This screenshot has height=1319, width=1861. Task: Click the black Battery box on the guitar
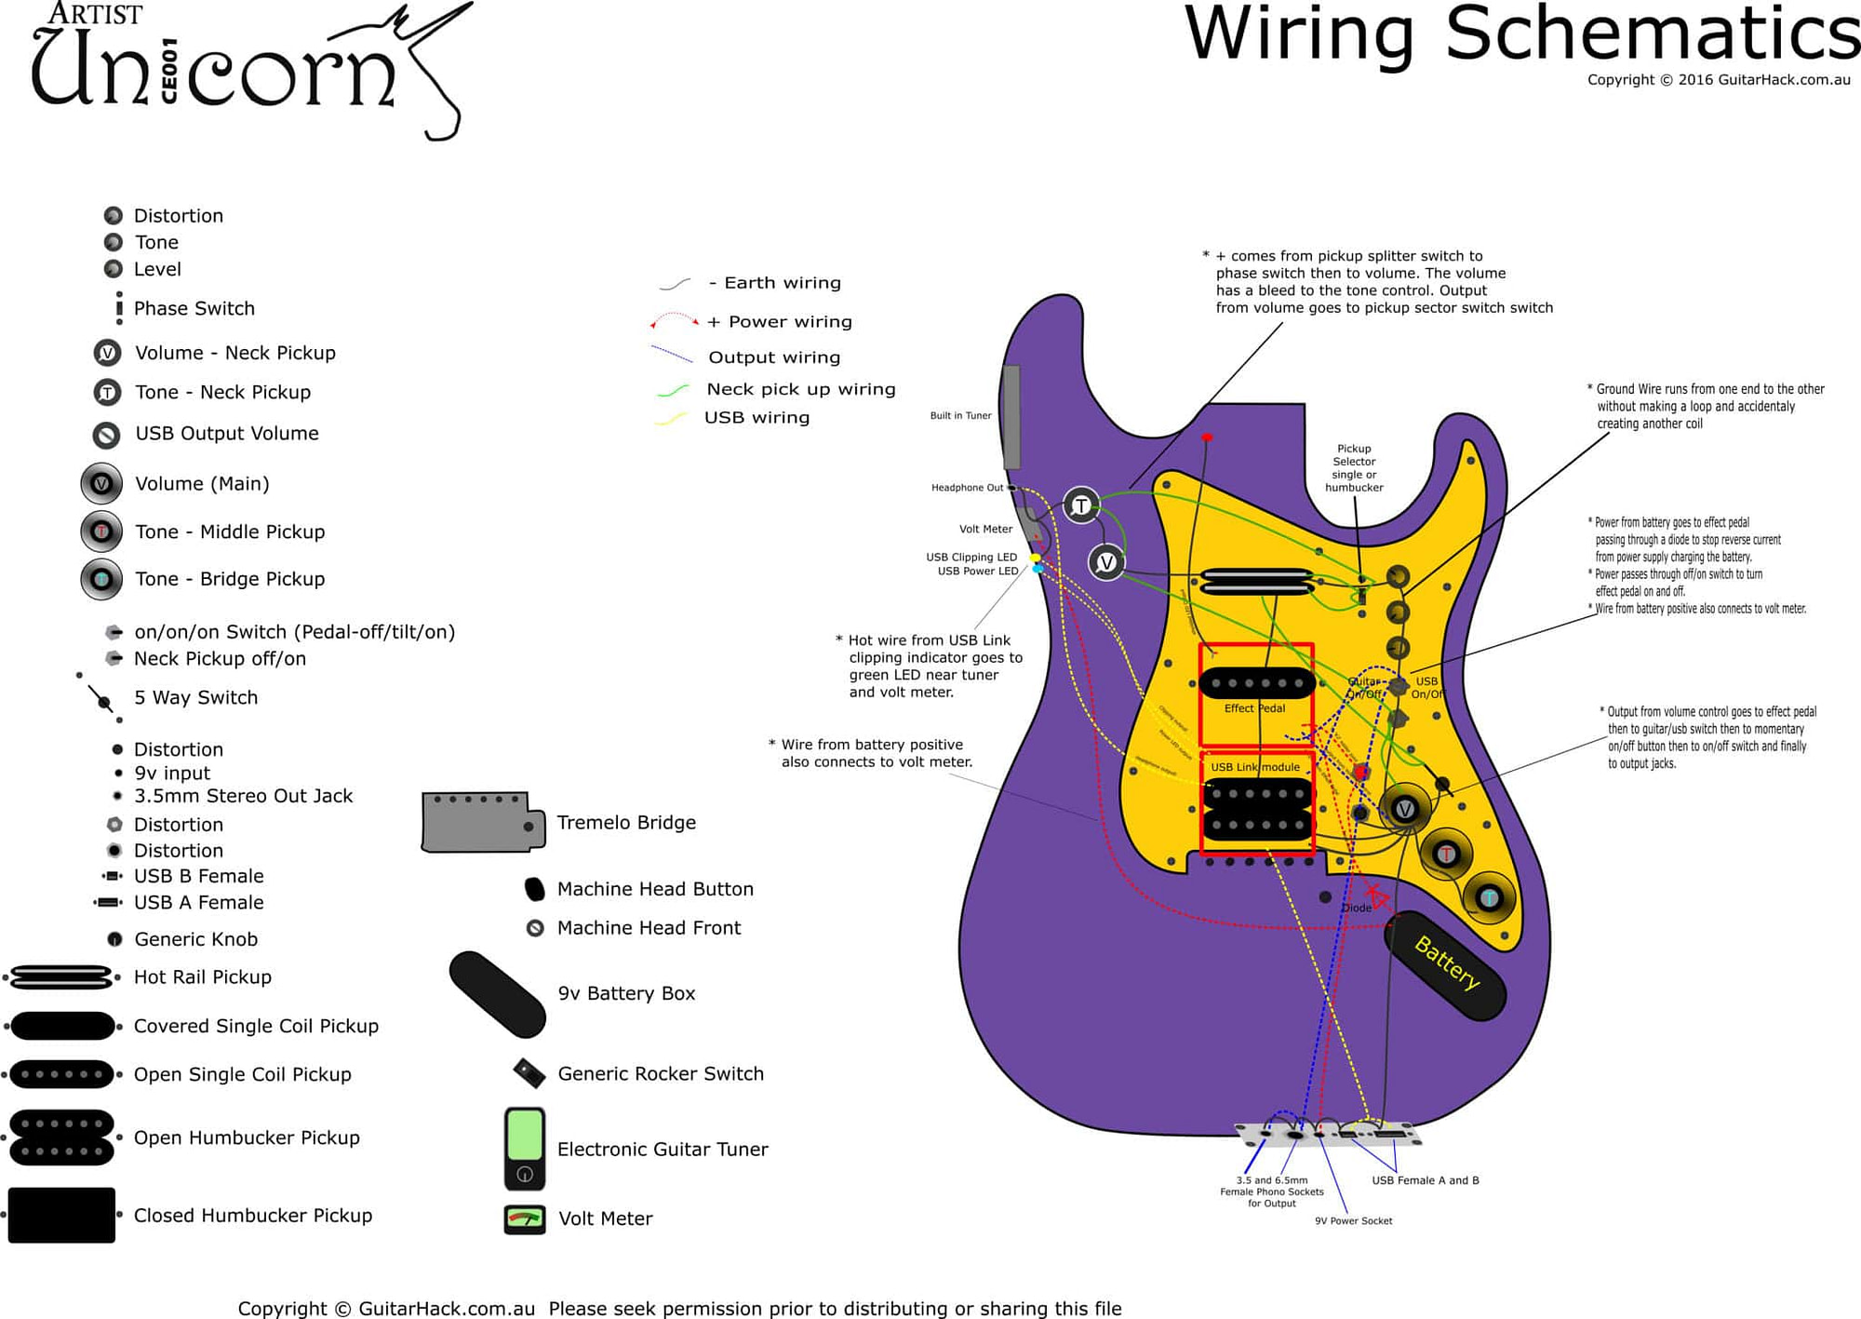(1445, 964)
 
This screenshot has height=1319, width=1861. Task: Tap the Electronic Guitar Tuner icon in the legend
(525, 1149)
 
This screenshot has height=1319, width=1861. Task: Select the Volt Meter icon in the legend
(525, 1218)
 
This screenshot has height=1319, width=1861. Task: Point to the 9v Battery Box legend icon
(497, 993)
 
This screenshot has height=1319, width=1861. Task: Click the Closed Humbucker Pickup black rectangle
(61, 1215)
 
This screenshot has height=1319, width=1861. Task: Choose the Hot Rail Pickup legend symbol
(61, 977)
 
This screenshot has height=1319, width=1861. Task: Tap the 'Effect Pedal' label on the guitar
(1254, 708)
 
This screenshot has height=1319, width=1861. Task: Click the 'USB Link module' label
(1255, 767)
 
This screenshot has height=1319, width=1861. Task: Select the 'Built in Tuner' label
(960, 415)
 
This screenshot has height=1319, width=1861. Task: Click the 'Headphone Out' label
(967, 487)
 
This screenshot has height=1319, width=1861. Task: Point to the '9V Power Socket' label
(1353, 1220)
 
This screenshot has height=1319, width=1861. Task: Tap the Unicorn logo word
(214, 70)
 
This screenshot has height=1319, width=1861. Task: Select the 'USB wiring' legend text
(756, 417)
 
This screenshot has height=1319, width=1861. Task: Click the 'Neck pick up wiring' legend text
(800, 389)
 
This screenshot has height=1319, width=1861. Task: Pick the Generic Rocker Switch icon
(529, 1073)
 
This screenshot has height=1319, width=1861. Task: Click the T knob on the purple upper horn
(1080, 505)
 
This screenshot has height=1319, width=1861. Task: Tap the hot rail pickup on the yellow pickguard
(1257, 582)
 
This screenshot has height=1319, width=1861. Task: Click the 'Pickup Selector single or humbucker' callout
(1354, 468)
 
